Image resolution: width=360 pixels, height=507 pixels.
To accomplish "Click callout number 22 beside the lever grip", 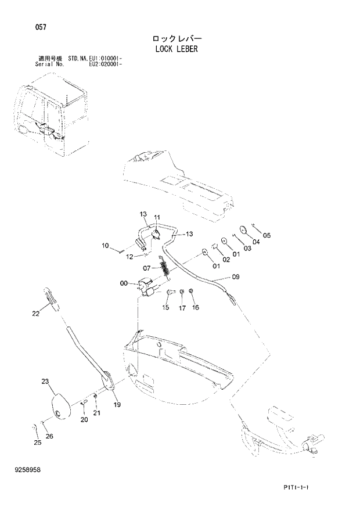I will point(35,314).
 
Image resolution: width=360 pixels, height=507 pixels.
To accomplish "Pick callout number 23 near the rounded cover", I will point(45,382).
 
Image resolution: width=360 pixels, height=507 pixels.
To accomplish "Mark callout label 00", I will point(123,283).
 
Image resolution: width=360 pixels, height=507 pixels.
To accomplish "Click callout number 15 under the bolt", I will point(165,307).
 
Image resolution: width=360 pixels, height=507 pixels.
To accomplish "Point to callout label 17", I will point(182,308).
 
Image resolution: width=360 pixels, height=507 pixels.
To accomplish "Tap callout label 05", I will point(267,235).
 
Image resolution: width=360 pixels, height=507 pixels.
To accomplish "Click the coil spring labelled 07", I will point(165,268).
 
